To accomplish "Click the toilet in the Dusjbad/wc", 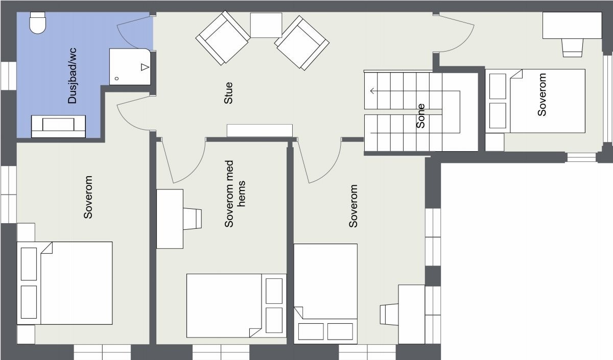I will [38, 23].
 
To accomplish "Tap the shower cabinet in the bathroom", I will [130, 66].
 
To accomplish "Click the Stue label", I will [228, 93].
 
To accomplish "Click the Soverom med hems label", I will [235, 203].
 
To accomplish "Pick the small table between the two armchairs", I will [266, 25].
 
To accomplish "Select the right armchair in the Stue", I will [302, 42].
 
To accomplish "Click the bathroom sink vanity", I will [58, 126].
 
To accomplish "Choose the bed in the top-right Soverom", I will [536, 101].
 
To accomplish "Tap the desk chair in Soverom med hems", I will [193, 219].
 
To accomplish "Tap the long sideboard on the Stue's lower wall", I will [260, 131].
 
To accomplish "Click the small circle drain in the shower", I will [117, 78].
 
